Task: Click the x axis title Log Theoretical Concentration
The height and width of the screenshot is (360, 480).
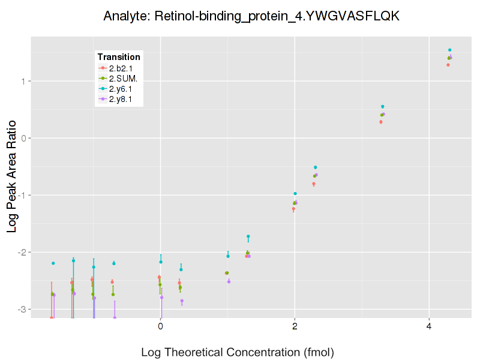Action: (x=237, y=352)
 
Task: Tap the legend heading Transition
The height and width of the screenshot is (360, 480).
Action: (x=119, y=57)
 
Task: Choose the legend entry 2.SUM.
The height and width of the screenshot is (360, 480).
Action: (x=122, y=79)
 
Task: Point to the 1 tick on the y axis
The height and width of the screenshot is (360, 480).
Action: (x=22, y=81)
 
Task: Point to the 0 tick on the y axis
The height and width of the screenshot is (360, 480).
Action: (x=22, y=138)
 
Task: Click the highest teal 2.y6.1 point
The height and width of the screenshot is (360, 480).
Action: (x=449, y=50)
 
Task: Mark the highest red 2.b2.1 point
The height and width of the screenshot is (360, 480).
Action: (x=448, y=65)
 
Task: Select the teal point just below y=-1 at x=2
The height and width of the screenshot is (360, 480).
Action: (x=295, y=193)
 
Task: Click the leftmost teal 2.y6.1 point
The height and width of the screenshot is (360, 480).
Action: (x=53, y=263)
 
